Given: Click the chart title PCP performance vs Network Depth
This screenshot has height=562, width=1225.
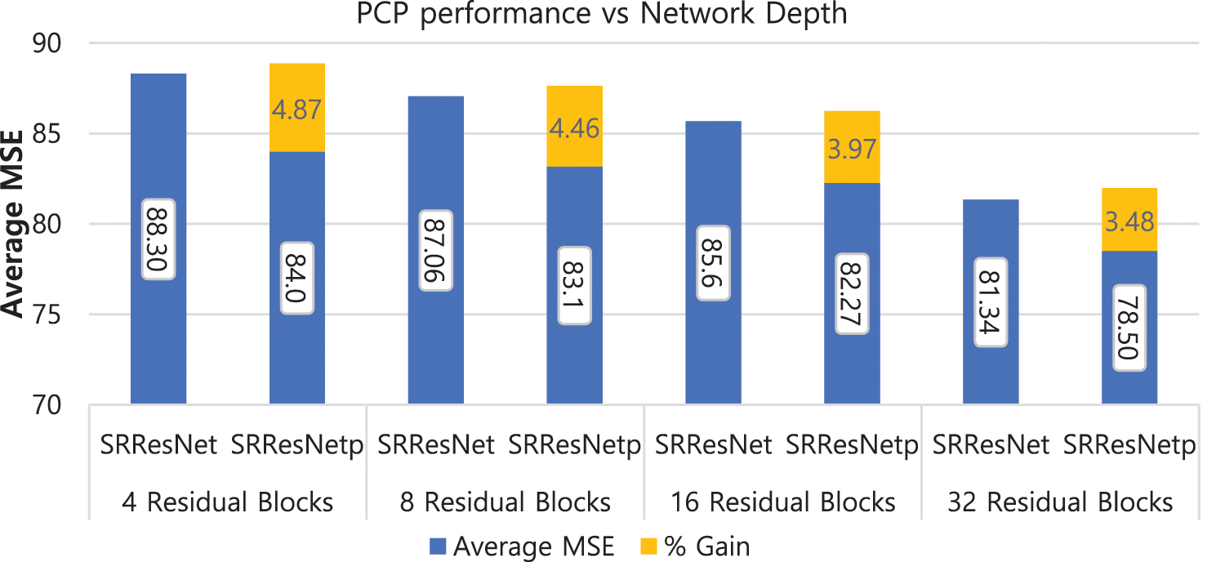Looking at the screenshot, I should click(x=602, y=15).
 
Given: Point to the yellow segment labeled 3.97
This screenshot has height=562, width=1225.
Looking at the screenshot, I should click(x=852, y=146).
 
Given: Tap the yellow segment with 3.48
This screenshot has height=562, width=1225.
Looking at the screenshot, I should click(x=1129, y=219).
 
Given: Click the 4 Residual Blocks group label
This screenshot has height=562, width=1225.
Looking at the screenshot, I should click(x=228, y=501).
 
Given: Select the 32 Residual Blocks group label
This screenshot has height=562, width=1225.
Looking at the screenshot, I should click(x=1060, y=501).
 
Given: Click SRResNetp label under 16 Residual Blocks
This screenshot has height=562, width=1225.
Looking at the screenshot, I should click(x=852, y=445).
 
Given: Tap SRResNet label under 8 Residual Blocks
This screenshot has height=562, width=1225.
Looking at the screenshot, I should click(x=436, y=445).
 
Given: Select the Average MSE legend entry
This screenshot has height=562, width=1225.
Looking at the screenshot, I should click(x=522, y=546).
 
